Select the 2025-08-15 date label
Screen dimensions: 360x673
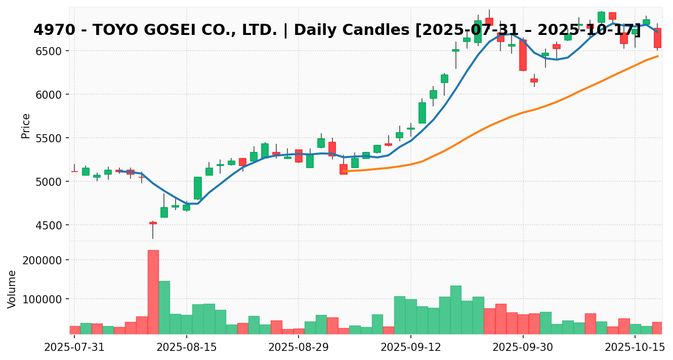pyautogui.click(x=187, y=348)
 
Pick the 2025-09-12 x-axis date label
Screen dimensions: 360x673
pyautogui.click(x=411, y=348)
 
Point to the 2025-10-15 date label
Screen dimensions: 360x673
pyautogui.click(x=635, y=348)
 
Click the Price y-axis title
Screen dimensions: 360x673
pyautogui.click(x=26, y=126)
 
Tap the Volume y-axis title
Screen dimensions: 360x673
pyautogui.click(x=12, y=289)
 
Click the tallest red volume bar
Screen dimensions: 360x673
pyautogui.click(x=153, y=292)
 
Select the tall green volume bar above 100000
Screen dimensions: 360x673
pyautogui.click(x=164, y=307)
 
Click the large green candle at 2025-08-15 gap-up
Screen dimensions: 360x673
pyautogui.click(x=198, y=188)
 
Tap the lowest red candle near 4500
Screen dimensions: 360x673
pyautogui.click(x=153, y=223)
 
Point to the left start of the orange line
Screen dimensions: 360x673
pyautogui.click(x=344, y=171)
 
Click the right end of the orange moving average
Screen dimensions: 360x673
pyautogui.click(x=657, y=56)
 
